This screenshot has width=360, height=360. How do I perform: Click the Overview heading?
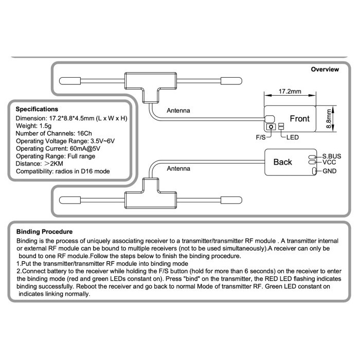click(x=325, y=69)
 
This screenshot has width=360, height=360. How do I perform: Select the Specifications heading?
click(x=37, y=109)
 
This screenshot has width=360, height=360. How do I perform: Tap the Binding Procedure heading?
click(x=44, y=232)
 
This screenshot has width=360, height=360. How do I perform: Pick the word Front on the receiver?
click(x=299, y=119)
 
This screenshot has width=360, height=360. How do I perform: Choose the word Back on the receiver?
click(x=282, y=162)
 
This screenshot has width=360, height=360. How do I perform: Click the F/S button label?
click(x=262, y=138)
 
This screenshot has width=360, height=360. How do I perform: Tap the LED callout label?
click(x=293, y=137)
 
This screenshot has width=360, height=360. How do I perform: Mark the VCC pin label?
click(x=329, y=163)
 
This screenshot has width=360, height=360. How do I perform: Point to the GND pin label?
click(x=330, y=171)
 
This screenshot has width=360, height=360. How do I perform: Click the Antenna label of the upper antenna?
click(x=178, y=111)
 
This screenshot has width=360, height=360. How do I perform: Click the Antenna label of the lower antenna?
click(x=178, y=168)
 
